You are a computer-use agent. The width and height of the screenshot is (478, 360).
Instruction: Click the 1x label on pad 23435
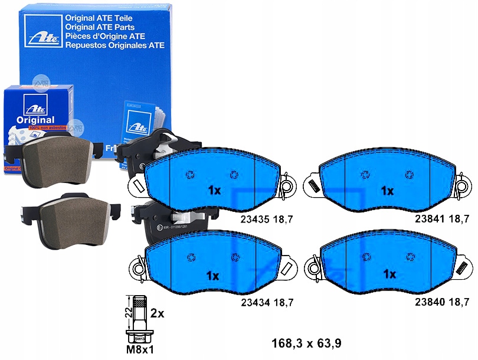point(214,191)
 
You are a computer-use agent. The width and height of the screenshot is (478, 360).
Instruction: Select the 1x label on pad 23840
point(389,274)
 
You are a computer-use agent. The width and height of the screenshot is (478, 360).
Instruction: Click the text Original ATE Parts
point(100,27)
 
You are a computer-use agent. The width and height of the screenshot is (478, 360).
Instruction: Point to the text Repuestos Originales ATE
point(114,45)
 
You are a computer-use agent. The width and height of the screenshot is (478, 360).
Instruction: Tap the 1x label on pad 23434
point(214,276)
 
